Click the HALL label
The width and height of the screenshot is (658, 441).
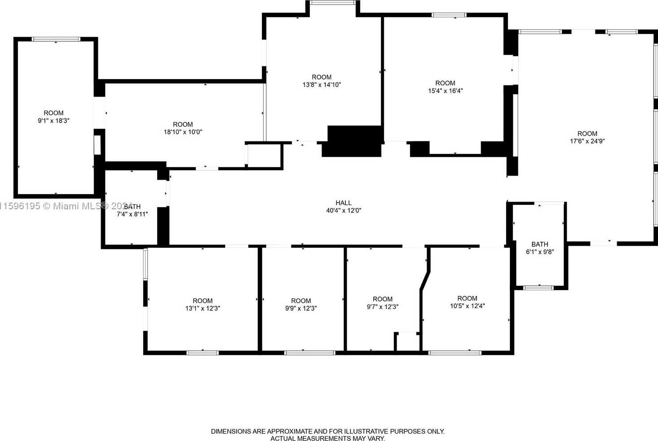pos(344,203)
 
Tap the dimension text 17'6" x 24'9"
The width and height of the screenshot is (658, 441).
pos(587,141)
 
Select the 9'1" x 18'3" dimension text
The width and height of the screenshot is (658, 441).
pos(53,120)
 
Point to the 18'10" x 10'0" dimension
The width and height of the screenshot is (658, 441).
pos(183,132)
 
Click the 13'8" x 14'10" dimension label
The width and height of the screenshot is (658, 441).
pos(322,84)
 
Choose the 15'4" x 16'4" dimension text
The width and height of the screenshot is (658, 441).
pos(445,91)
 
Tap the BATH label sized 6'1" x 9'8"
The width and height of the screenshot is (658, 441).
pos(539,244)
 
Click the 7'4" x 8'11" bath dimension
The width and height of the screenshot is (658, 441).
pos(132,214)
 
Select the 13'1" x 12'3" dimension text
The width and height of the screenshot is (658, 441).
pos(203,308)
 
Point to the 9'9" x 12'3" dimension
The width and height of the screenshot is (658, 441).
pos(301,308)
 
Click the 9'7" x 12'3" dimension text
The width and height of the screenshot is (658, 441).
pos(383,306)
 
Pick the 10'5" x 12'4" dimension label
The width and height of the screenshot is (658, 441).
pos(468,306)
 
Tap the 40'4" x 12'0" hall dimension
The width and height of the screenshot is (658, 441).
pos(344,210)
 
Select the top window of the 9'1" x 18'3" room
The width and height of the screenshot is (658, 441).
pos(56,39)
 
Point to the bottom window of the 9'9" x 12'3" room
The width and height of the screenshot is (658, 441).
pos(309,353)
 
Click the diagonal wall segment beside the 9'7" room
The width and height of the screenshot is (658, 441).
pos(425,280)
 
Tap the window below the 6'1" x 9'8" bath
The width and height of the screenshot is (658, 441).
pos(539,287)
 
